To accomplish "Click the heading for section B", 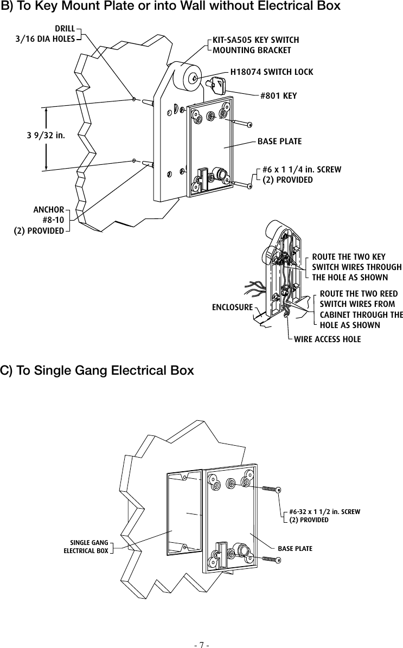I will click(x=170, y=7).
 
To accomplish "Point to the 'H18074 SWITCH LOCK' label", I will click(x=272, y=72).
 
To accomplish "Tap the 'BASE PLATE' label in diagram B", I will click(x=279, y=142).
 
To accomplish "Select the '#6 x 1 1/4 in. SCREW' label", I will click(x=302, y=174).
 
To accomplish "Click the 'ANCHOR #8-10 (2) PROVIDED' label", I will click(x=40, y=220).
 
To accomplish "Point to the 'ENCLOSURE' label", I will click(x=232, y=307).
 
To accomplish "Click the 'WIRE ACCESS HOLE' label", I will click(x=327, y=339).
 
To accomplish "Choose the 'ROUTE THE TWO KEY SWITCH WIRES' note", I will click(x=356, y=267).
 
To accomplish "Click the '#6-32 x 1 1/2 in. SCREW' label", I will click(x=324, y=515).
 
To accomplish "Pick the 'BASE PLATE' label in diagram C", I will click(x=295, y=548).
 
